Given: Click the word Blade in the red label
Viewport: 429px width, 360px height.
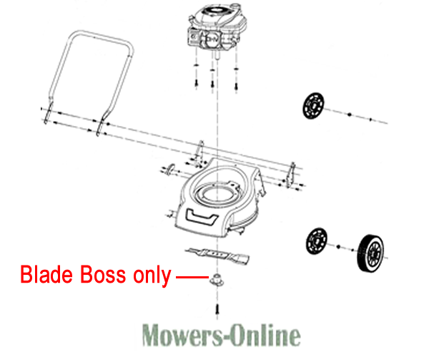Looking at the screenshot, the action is point(46,275).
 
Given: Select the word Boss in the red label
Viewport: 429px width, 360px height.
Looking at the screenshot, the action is point(103,275).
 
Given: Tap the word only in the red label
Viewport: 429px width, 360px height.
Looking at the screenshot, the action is point(152,276).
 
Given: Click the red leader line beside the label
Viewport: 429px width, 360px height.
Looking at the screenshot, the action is point(192,277).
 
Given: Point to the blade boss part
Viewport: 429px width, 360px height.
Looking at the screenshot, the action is point(217,280).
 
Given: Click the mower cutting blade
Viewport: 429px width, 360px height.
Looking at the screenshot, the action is point(217,256).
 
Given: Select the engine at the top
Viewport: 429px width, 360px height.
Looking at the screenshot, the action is point(216,27).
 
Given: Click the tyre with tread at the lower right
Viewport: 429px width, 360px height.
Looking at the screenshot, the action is point(370,253).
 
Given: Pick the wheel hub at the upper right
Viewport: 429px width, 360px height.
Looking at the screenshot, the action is point(313,106).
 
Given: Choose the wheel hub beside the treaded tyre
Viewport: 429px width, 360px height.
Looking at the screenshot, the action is point(317,241).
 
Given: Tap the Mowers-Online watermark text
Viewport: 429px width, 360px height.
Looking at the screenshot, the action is point(222,334).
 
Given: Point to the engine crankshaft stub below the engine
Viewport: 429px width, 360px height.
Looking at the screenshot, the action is point(217,55).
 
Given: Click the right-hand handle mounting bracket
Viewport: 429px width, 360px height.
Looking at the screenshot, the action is point(290,175).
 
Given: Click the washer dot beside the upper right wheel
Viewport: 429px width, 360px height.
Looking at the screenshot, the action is point(349,115).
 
